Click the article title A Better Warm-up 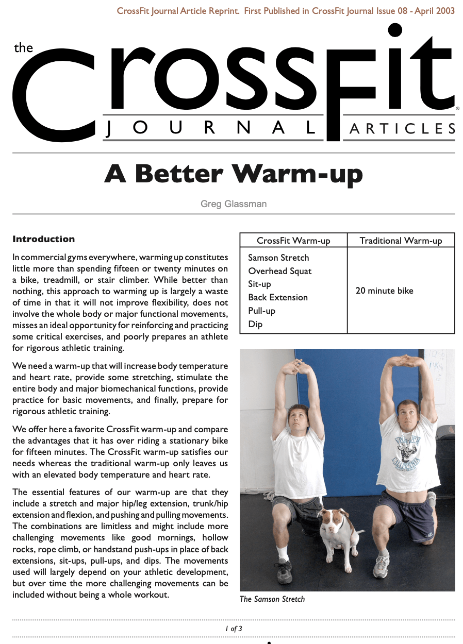click(x=234, y=175)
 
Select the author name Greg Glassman click(x=234, y=204)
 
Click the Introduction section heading click(x=43, y=239)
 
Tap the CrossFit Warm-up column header click(x=293, y=241)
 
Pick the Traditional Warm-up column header click(x=401, y=241)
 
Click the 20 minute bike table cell click(x=384, y=291)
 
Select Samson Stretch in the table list click(x=278, y=258)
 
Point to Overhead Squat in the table click(x=279, y=271)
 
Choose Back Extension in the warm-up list click(x=277, y=297)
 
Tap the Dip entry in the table click(x=255, y=324)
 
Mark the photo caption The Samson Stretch click(x=272, y=599)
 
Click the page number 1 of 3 click(x=234, y=629)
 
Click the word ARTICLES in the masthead click(x=402, y=128)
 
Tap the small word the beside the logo click(x=23, y=48)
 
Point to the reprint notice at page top click(x=286, y=11)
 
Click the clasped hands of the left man click(x=298, y=366)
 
